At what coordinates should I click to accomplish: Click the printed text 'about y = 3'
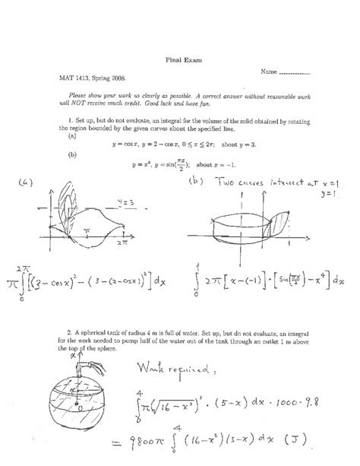point(249,144)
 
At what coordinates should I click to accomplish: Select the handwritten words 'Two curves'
point(238,183)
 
